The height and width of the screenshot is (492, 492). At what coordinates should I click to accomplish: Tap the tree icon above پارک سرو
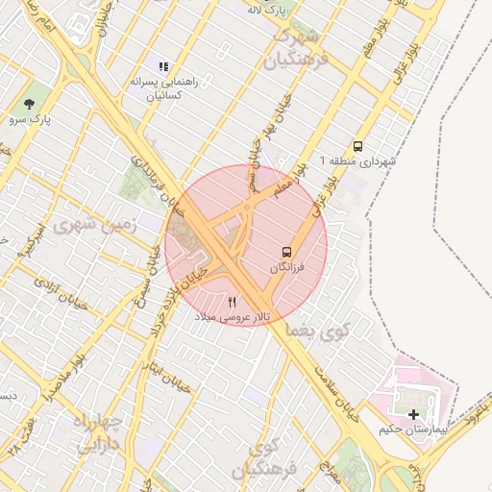point(30,102)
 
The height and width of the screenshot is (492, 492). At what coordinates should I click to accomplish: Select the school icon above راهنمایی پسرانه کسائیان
point(163,66)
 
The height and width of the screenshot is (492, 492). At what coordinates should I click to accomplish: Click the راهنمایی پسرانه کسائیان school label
point(163,89)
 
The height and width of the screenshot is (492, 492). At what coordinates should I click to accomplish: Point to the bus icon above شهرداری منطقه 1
point(357,147)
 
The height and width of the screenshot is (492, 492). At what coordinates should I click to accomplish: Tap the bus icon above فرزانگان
point(286,252)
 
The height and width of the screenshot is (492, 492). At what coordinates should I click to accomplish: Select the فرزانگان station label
point(286,267)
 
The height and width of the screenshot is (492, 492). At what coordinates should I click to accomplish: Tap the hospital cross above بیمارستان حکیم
point(414,414)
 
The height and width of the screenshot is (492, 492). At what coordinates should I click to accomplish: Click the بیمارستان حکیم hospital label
point(414,429)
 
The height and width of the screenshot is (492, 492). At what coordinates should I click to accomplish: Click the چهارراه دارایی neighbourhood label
point(99,433)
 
